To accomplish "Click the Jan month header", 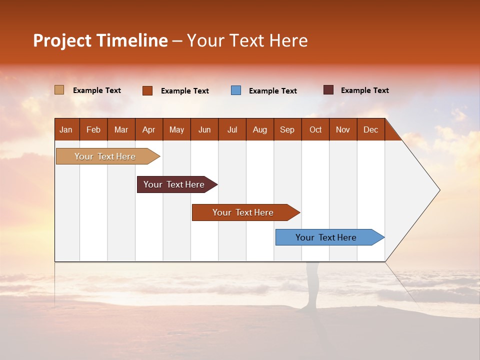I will pos(66,129).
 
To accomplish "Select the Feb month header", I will pos(93,129).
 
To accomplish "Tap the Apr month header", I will pos(149,129).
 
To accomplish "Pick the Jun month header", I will pos(204,129).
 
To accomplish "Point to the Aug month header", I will pos(260,129).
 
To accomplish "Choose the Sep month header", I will pos(287,129).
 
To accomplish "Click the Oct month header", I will pos(315,129).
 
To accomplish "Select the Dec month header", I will pos(371,129).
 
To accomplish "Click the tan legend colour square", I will pos(59,90).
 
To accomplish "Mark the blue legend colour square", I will pos(236,90).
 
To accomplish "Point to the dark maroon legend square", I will pos(328,90).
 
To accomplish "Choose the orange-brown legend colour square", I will pos(147,90).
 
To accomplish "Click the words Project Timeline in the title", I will pos(100,40).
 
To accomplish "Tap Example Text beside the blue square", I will pos(273,91).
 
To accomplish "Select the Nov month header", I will pos(343,129).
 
